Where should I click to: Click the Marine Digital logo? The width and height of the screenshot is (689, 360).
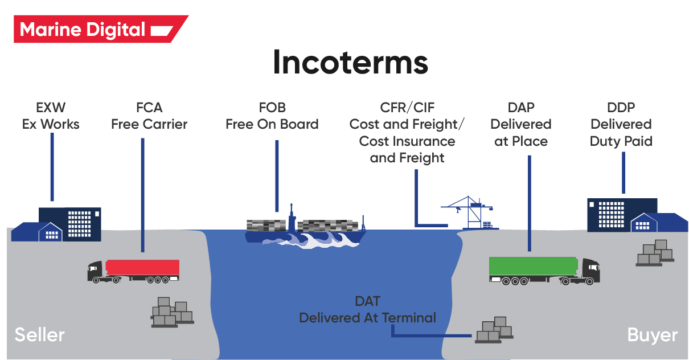(x=97, y=29)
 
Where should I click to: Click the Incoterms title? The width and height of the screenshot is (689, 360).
(x=350, y=62)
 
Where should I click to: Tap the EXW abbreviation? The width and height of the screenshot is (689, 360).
(x=51, y=107)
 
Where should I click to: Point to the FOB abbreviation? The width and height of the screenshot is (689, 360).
(x=272, y=107)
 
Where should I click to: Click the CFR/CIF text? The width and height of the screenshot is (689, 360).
(x=407, y=107)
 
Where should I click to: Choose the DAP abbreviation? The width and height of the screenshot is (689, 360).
(x=520, y=107)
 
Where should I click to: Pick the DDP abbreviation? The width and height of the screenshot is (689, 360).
(x=621, y=107)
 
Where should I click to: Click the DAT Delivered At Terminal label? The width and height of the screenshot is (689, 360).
(x=367, y=310)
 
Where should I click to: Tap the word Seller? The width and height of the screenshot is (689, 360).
(x=39, y=334)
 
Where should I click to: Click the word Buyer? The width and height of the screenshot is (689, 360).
(x=652, y=335)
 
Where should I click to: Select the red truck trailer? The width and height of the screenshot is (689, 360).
(x=143, y=268)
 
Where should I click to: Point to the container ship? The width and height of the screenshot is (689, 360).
(x=305, y=229)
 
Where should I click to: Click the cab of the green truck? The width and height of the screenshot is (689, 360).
(x=589, y=271)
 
